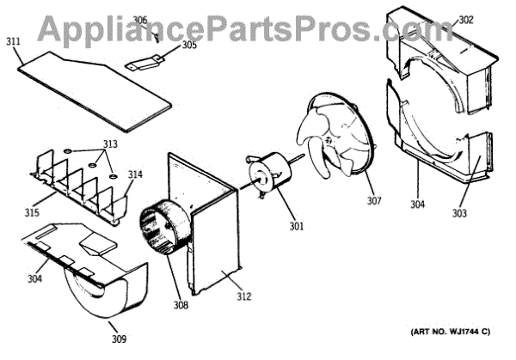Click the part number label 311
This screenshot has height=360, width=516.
[13, 40]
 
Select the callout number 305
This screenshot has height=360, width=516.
[188, 46]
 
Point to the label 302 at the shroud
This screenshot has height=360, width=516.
[489, 19]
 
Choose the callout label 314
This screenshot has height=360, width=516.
[134, 174]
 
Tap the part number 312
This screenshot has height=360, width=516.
[244, 297]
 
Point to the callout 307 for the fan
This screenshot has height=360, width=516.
[373, 202]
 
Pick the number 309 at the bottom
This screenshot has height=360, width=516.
[118, 338]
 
